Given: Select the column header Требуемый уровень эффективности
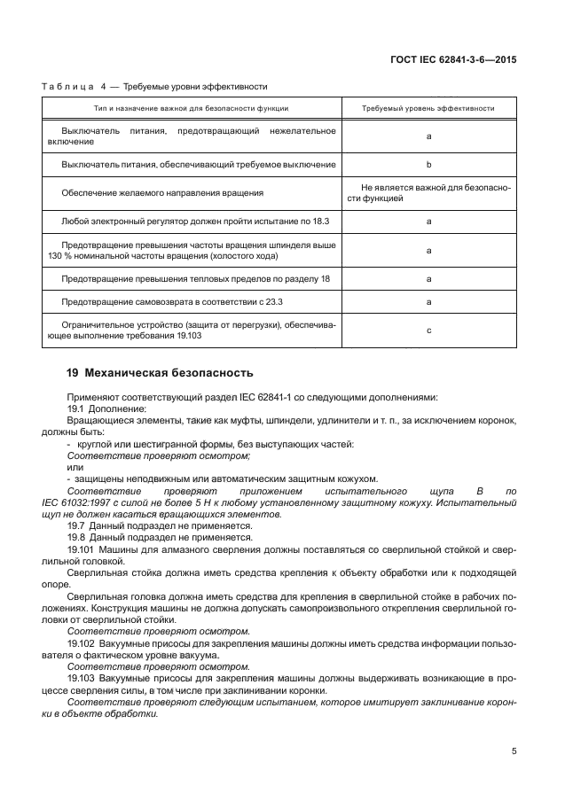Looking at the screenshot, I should tap(428, 108).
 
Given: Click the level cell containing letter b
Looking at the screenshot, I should tap(428, 165).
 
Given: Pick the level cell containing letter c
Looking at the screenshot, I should tap(428, 331).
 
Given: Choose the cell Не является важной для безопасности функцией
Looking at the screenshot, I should tap(428, 192).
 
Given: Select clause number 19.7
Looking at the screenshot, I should tap(76, 525).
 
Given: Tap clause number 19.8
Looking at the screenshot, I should tap(76, 537).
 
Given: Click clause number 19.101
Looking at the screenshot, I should tap(81, 549).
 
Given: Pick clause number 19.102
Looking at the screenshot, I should tap(81, 642).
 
